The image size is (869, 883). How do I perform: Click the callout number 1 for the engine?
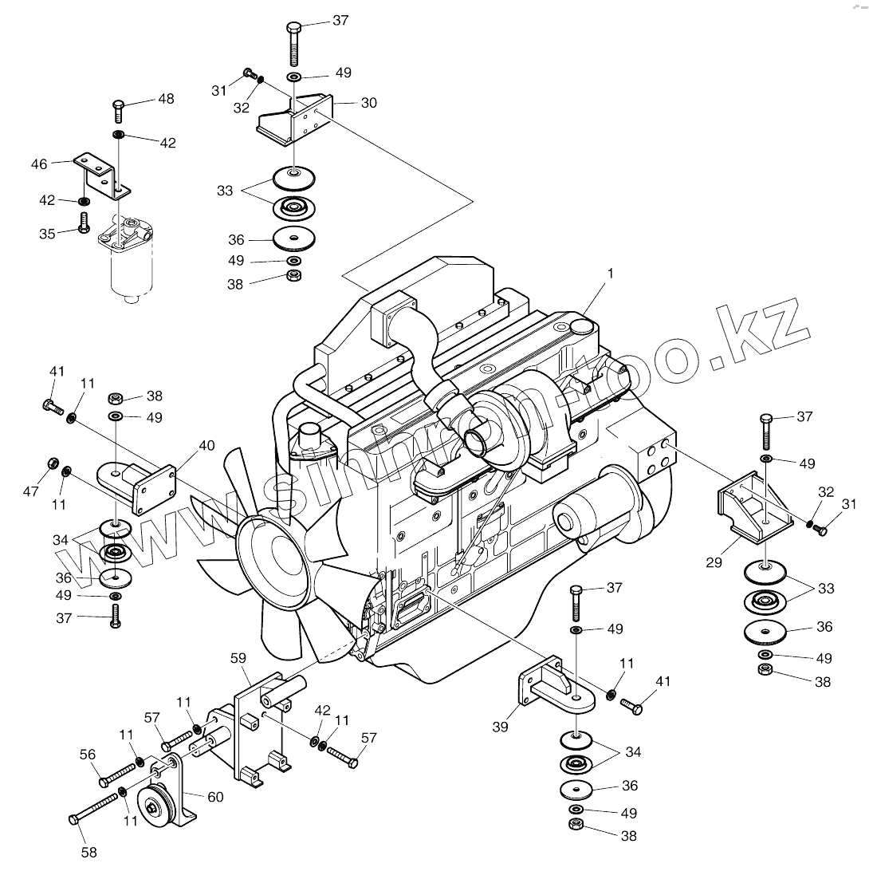tap(610, 273)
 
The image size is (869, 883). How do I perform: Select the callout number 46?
tap(39, 164)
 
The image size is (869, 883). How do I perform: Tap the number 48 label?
tap(166, 99)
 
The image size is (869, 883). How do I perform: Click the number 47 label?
tap(30, 491)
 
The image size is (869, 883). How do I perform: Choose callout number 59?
tap(238, 659)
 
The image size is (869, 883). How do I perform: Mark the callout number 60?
tap(215, 796)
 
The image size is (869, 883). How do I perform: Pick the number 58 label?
tap(89, 853)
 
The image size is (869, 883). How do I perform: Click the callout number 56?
tap(88, 755)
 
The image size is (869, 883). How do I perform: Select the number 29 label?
tap(714, 562)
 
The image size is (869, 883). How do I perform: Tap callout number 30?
tap(368, 103)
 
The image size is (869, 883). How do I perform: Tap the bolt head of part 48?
tap(119, 104)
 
